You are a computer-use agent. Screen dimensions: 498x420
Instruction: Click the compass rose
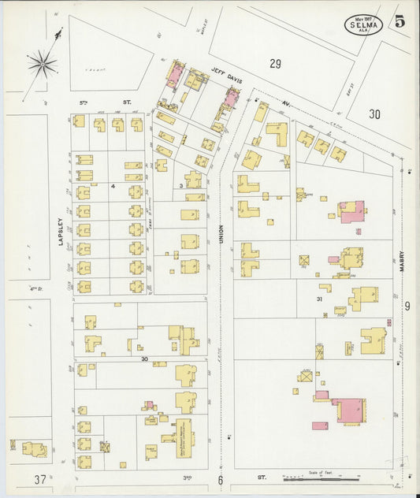(x=43, y=61)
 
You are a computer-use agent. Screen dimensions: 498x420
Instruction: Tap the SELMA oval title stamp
(x=362, y=24)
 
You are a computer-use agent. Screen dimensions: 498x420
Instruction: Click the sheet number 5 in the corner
(x=400, y=21)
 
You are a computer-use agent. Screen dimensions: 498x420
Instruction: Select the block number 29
(x=274, y=63)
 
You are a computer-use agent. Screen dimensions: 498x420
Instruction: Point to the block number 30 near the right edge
(x=374, y=114)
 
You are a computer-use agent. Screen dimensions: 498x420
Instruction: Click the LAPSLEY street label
(x=61, y=231)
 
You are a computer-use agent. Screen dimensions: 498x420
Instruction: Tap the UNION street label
(x=221, y=229)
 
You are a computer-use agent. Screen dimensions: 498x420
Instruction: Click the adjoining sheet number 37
(x=40, y=479)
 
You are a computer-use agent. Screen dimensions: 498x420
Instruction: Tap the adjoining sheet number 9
(x=407, y=307)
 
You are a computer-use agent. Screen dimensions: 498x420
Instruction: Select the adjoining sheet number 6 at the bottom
(x=221, y=480)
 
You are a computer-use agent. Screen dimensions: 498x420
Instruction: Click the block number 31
(x=319, y=299)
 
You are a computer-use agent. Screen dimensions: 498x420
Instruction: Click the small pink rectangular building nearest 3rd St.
(x=320, y=426)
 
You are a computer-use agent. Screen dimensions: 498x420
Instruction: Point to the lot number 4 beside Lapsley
(x=113, y=186)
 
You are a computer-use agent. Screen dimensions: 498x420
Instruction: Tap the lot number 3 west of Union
(x=180, y=185)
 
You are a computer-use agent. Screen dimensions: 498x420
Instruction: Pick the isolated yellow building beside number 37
(x=34, y=449)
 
